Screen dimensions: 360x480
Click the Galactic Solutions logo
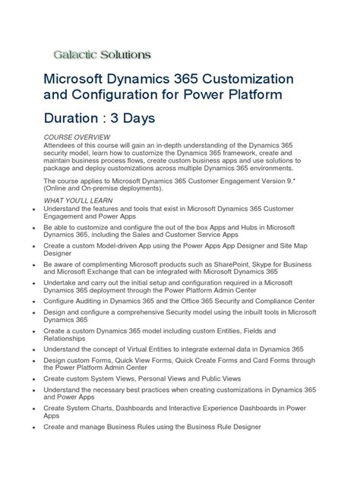coord(102,55)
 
